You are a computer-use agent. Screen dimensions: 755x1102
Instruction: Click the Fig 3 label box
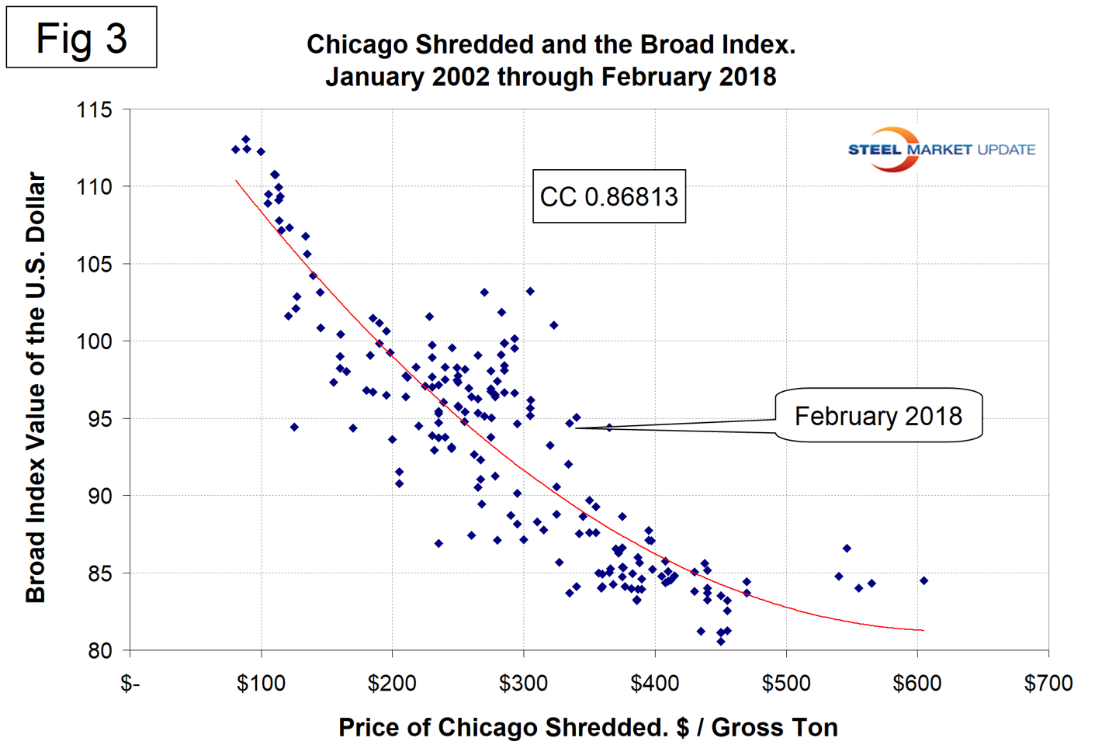pyautogui.click(x=81, y=37)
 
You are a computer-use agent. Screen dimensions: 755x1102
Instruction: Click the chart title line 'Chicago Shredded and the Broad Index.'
pyautogui.click(x=550, y=44)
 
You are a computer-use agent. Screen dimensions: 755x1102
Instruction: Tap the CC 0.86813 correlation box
pyautogui.click(x=608, y=196)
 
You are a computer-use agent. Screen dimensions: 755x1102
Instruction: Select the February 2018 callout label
pyautogui.click(x=878, y=416)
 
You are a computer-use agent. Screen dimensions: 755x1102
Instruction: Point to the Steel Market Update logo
pyautogui.click(x=941, y=149)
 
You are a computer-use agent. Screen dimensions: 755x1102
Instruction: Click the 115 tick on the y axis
pyautogui.click(x=94, y=109)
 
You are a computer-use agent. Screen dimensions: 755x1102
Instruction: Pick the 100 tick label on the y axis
pyautogui.click(x=94, y=341)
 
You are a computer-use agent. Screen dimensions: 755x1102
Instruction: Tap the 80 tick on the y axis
pyautogui.click(x=99, y=650)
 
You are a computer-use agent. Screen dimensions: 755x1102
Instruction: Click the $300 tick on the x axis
pyautogui.click(x=524, y=684)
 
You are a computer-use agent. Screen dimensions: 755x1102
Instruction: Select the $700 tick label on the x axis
pyautogui.click(x=1048, y=684)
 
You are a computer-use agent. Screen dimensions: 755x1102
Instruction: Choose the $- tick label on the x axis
pyautogui.click(x=130, y=684)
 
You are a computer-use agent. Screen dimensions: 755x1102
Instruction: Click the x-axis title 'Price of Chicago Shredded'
pyautogui.click(x=587, y=727)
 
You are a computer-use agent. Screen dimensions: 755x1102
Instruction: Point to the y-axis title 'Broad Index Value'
pyautogui.click(x=36, y=387)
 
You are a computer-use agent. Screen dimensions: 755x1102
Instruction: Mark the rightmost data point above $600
pyautogui.click(x=924, y=580)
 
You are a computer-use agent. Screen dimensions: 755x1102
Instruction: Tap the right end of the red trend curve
pyautogui.click(x=923, y=630)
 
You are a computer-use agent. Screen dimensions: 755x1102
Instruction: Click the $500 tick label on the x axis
pyautogui.click(x=786, y=684)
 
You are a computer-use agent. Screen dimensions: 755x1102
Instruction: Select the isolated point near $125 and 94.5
pyautogui.click(x=294, y=427)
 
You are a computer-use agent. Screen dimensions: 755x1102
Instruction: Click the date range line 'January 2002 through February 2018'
pyautogui.click(x=550, y=77)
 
